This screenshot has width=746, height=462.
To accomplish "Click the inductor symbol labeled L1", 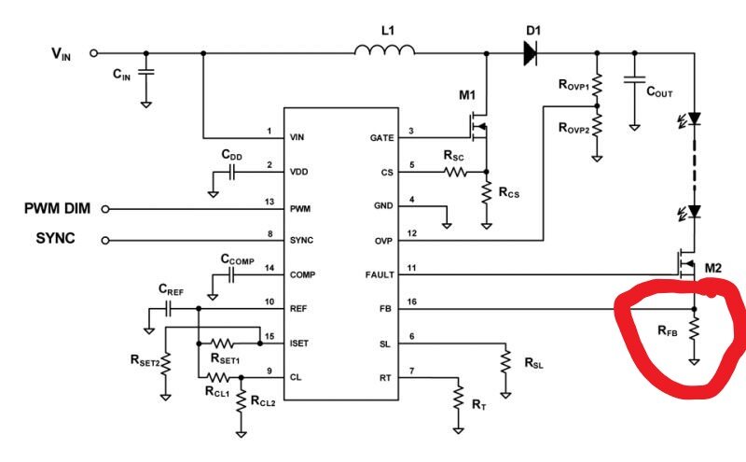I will pos(384,52).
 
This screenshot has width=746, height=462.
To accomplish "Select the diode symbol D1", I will pos(530,53).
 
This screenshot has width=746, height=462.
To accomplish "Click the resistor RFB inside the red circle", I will pos(694,329).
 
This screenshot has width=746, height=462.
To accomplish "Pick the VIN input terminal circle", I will pos(92,53).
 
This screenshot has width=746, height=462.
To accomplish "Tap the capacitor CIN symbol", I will pos(145,71).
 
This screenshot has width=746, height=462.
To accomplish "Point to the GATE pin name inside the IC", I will pos(382,137).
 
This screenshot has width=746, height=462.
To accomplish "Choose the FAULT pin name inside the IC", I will pos(380,274).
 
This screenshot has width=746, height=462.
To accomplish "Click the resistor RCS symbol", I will pos(486,192).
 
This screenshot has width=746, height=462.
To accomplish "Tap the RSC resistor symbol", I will pos(454,172).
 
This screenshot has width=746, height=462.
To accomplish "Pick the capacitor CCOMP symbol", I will pos(229,275).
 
